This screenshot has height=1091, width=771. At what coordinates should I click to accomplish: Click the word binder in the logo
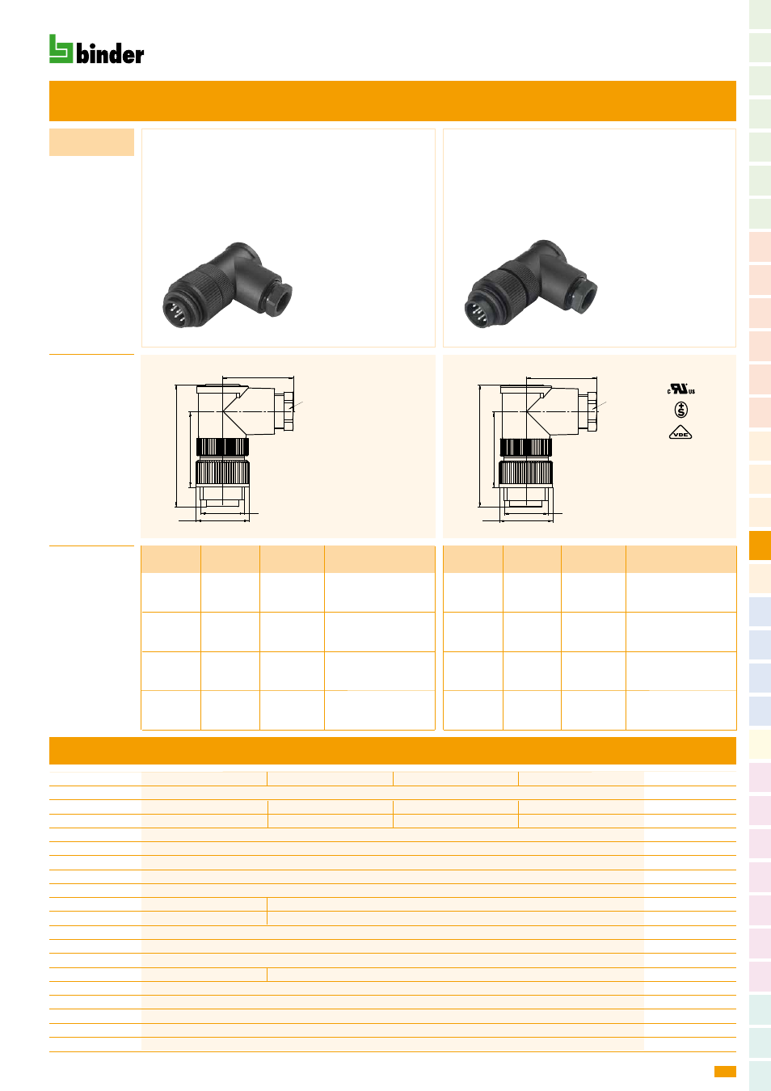point(110,53)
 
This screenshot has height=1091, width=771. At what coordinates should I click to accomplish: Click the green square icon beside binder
point(61,48)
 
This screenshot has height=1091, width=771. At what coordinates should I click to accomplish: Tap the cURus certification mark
point(681,390)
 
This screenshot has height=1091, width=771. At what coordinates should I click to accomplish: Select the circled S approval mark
point(681,410)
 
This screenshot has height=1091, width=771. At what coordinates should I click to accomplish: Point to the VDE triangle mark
point(680,433)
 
